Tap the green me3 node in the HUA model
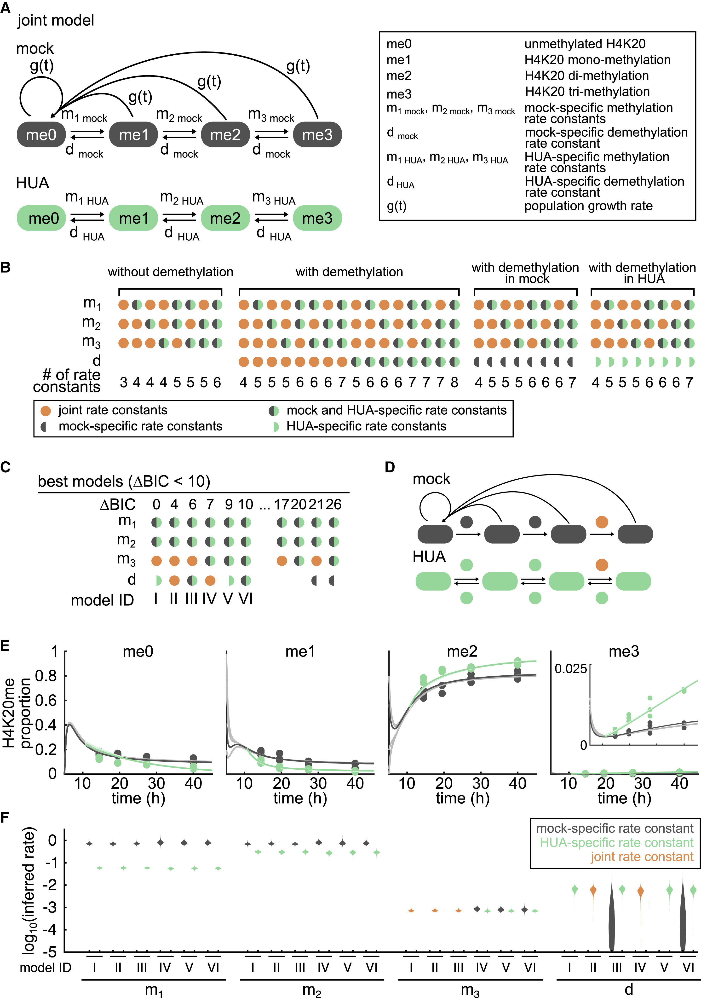coord(317,218)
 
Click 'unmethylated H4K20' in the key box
coord(585,44)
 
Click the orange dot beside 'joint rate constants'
coord(45,411)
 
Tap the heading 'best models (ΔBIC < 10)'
coord(124,482)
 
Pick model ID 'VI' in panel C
coord(246,599)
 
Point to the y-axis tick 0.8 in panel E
coord(46,676)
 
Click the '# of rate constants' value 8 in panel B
coord(454,383)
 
